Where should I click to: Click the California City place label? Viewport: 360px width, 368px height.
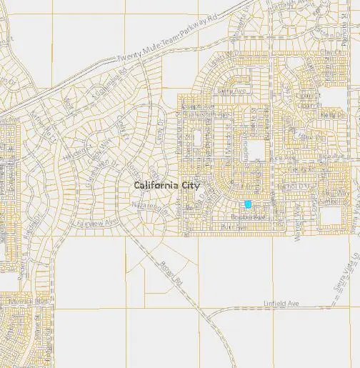coord(167,185)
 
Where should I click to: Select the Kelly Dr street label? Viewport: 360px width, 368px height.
coord(328,114)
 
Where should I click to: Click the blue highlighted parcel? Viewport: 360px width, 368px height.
coord(248,204)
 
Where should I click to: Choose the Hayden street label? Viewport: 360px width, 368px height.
coord(73,154)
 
